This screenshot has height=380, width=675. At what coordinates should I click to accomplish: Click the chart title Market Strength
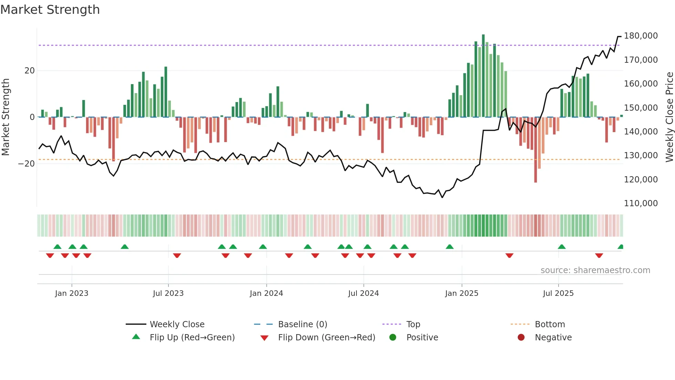[x=50, y=10]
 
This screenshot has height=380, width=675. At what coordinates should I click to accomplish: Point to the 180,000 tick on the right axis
[x=641, y=36]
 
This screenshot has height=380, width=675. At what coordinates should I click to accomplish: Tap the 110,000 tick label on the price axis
[x=641, y=203]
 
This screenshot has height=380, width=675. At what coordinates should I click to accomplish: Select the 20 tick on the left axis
[x=30, y=71]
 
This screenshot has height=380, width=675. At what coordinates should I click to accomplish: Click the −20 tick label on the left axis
[x=27, y=164]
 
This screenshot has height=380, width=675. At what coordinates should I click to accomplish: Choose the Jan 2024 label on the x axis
[x=266, y=293]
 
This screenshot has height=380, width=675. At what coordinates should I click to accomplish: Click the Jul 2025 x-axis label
[x=558, y=293]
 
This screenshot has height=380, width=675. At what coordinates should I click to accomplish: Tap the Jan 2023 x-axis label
[x=72, y=293]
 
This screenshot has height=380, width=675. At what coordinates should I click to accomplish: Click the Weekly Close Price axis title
[x=669, y=117]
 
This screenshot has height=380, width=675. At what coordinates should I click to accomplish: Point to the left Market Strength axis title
[x=6, y=117]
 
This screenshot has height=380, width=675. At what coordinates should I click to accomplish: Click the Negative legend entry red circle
[x=521, y=338]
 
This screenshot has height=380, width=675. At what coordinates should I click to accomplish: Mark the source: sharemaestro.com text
[x=595, y=270]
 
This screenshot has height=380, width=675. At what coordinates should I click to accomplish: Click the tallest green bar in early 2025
[x=483, y=76]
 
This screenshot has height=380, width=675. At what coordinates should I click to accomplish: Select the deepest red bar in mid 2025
[x=536, y=150]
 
